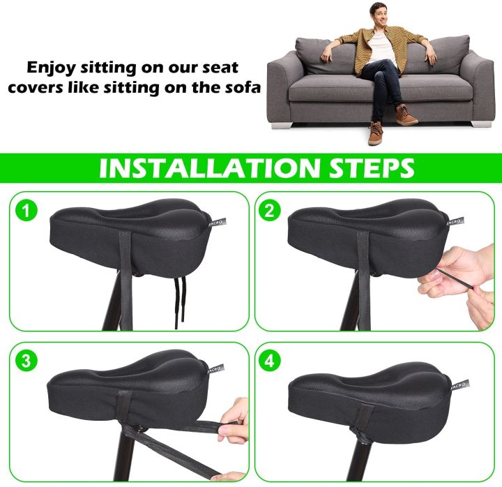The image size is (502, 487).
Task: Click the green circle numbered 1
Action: pyautogui.click(x=26, y=211)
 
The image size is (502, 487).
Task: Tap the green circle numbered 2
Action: pyautogui.click(x=270, y=211)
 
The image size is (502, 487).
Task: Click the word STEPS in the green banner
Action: pyautogui.click(x=372, y=168)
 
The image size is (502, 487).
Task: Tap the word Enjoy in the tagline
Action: pyautogui.click(x=51, y=68)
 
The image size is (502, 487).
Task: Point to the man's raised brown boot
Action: pyautogui.click(x=406, y=114)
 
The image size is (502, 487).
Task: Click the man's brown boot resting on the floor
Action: pyautogui.click(x=375, y=133)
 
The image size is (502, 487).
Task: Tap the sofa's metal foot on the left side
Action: pyautogui.click(x=282, y=125)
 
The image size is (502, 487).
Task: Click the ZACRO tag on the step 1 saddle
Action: pyautogui.click(x=218, y=223)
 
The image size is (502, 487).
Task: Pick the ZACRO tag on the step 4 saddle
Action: pyautogui.click(x=459, y=385)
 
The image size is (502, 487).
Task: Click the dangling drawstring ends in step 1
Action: pyautogui.click(x=179, y=302)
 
